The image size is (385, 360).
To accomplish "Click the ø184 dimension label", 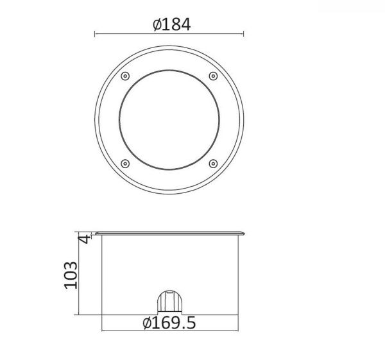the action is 171,24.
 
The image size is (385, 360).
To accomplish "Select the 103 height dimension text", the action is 71,275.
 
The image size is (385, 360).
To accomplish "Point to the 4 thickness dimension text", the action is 84,239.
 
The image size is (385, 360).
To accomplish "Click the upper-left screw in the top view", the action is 125,76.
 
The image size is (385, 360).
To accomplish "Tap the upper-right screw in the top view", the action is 213,76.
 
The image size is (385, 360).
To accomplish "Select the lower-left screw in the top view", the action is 125,164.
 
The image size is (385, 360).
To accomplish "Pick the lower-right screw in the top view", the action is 213,164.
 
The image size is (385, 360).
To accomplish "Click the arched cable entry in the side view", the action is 169,302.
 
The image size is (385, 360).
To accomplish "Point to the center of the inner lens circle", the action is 169,120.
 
